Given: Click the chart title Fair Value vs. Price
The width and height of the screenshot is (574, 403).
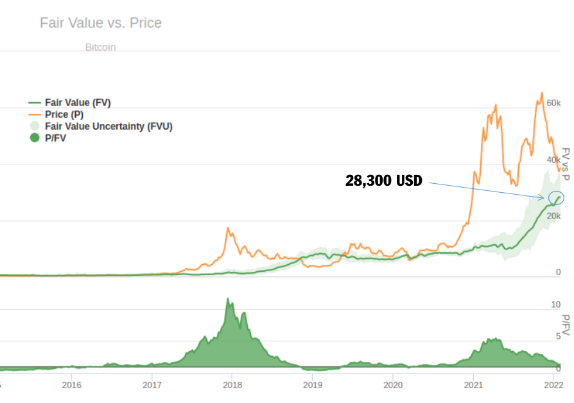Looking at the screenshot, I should point(101,23).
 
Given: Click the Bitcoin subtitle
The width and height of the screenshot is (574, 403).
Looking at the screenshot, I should point(100,48).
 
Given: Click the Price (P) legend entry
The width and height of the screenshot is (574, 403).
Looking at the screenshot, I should point(64,114).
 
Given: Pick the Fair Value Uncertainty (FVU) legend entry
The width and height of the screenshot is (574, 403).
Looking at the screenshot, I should point(109,126).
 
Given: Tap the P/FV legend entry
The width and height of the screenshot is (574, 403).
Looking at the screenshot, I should point(55,138).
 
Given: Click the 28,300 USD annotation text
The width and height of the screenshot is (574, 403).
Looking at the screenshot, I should point(383,181).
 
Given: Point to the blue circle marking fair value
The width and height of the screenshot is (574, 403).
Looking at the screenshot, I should point(555,197).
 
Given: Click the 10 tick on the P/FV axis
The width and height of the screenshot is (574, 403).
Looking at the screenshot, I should point(556,304).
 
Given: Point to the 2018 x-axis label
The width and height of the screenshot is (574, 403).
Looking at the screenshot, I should point(232,385).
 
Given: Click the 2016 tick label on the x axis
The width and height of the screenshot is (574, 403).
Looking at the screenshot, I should point(71,385).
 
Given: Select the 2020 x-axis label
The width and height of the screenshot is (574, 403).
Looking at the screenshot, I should point(392,385).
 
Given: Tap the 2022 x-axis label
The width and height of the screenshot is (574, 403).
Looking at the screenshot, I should point(553,385).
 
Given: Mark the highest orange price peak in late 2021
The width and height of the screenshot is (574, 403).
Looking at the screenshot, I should point(541,93).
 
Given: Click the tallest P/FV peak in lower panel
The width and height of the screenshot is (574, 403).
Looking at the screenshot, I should point(227,299).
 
